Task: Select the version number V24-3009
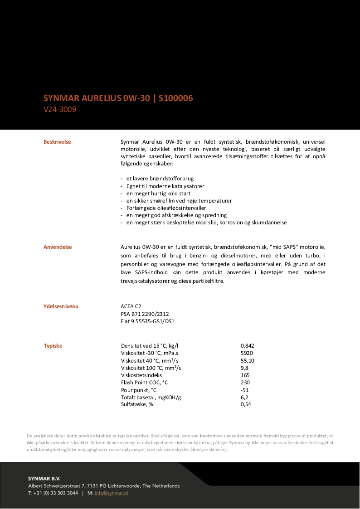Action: click(60, 109)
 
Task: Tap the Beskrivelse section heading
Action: click(57, 142)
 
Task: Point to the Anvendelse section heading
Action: click(58, 247)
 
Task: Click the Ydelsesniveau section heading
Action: click(61, 306)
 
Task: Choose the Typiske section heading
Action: click(53, 346)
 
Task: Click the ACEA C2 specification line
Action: click(131, 306)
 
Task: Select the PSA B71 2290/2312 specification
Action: click(145, 314)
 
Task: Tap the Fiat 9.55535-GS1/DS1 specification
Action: click(147, 321)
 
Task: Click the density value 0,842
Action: click(247, 346)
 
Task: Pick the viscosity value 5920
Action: click(247, 353)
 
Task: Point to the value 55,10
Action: click(247, 360)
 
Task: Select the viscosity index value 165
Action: click(245, 375)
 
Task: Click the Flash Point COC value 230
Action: click(245, 383)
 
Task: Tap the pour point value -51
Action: click(244, 390)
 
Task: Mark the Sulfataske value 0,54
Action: click(245, 404)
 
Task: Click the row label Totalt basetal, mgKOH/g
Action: click(151, 397)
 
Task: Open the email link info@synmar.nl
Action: click(111, 493)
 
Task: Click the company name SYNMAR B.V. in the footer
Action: click(44, 478)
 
